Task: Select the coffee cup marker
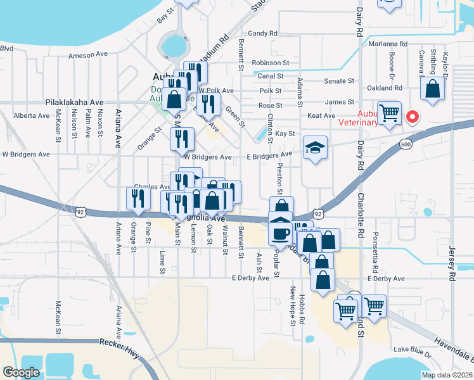[x=279, y=233]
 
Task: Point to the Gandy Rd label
[x=263, y=33]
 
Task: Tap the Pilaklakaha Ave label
[x=74, y=102]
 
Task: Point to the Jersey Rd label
[x=452, y=263]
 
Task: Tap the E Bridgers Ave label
[x=269, y=155]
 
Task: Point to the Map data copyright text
[x=446, y=375]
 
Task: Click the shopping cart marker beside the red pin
[x=389, y=113]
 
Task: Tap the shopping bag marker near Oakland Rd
[x=433, y=90]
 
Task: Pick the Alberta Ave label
[x=31, y=116]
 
